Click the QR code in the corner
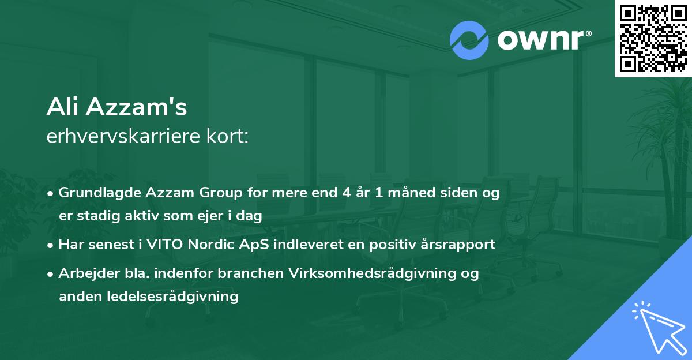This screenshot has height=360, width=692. [x=653, y=39]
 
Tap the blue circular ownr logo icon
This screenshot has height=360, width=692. [x=469, y=40]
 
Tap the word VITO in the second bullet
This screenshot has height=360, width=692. [x=167, y=244]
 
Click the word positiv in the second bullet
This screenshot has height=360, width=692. [x=383, y=244]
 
